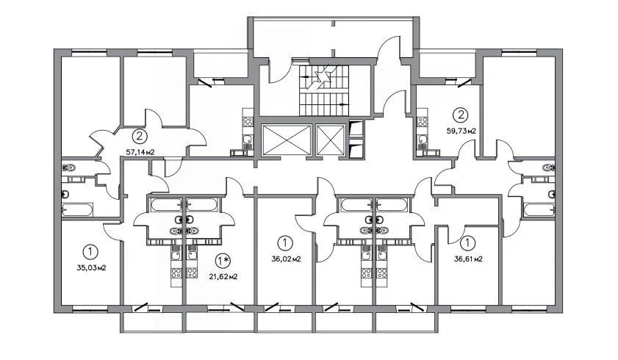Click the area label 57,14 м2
(140, 152)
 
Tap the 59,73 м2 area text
(461, 131)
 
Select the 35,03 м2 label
(92, 268)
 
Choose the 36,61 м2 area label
(467, 259)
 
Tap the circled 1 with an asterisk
(223, 260)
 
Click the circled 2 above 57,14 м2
(140, 136)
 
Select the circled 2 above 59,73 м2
(461, 115)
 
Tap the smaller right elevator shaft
(328, 140)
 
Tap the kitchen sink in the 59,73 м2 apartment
(423, 139)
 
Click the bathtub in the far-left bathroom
(76, 210)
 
